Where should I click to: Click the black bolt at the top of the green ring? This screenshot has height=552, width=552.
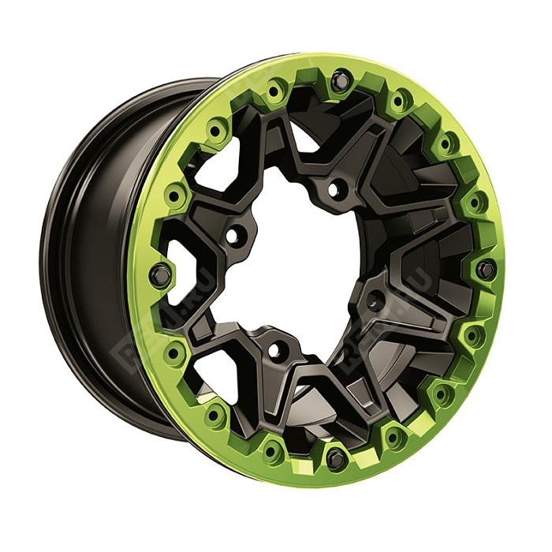pos(340,78)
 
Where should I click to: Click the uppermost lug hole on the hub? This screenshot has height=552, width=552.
pos(337,188)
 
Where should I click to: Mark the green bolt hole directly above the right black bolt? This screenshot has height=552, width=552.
pos(475,203)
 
